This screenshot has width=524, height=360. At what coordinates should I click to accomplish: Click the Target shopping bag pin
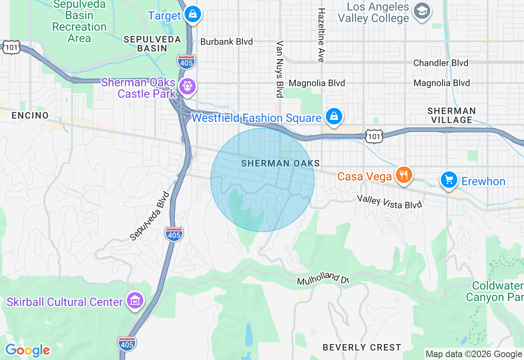191,15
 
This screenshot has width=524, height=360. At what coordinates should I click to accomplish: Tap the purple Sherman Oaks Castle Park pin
187,86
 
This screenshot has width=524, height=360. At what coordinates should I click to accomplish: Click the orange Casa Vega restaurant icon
404,175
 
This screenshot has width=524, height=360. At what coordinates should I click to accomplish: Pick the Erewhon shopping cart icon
449,180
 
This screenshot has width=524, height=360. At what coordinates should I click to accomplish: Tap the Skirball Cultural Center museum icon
135,301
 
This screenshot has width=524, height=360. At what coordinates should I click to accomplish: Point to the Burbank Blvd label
226,42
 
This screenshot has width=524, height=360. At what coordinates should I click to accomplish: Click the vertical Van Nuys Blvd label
280,69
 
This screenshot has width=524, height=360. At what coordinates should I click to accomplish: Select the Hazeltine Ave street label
322,35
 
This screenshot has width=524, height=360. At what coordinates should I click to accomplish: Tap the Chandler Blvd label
440,63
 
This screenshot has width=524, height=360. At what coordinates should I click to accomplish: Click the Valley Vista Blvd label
389,202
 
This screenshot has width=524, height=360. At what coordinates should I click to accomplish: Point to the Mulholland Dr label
323,280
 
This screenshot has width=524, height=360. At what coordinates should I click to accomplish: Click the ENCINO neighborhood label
30,115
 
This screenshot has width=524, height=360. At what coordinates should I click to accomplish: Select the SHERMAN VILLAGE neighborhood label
452,115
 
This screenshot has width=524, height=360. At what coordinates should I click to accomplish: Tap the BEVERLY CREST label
362,347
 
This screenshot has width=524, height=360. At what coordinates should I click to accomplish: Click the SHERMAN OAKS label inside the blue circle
280,164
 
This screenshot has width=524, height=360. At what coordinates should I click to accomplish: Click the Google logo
27,351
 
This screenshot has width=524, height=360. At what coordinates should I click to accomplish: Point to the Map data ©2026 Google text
474,354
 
